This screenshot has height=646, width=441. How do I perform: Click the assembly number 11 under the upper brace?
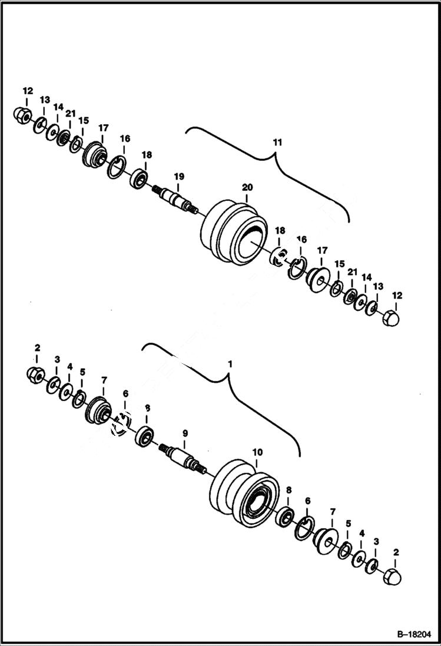277,143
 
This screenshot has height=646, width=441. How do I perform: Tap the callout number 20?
247,187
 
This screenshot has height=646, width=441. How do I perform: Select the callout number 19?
179,175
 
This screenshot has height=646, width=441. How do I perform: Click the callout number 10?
257,452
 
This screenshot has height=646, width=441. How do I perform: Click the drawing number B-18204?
411,634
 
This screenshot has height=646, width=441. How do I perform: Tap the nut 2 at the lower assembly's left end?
34,375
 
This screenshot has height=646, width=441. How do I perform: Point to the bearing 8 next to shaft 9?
144,436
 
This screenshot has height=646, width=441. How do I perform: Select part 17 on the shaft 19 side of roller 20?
94,155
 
